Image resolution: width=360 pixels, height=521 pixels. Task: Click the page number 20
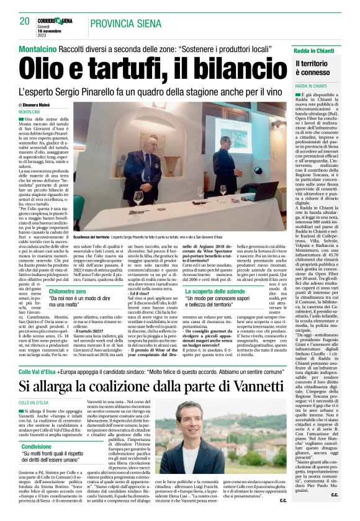click(25, 21)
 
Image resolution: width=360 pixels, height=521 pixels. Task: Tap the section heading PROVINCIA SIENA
click(124, 24)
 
